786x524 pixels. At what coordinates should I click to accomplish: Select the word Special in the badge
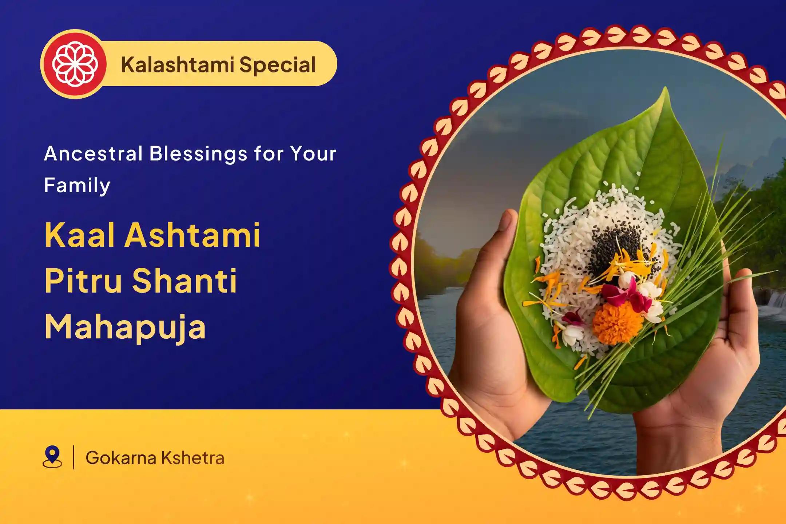[x=277, y=65]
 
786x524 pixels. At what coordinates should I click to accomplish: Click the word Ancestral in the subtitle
[x=93, y=154]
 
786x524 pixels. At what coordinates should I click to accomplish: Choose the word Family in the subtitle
[x=77, y=186]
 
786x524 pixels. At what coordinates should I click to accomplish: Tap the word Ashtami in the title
[x=193, y=235]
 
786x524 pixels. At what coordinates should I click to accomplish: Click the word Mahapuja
[x=126, y=327]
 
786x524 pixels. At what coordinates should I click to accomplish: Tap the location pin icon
[x=52, y=457]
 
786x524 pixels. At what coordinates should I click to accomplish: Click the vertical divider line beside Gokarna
[x=74, y=457]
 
